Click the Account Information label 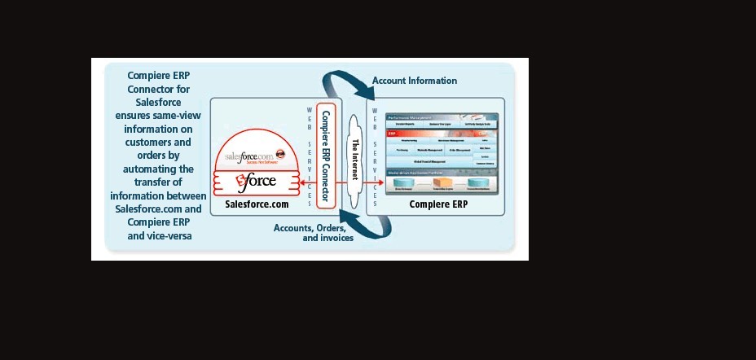point(415,81)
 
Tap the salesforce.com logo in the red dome point(248,155)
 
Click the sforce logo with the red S point(254,180)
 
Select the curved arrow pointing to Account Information point(342,84)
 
